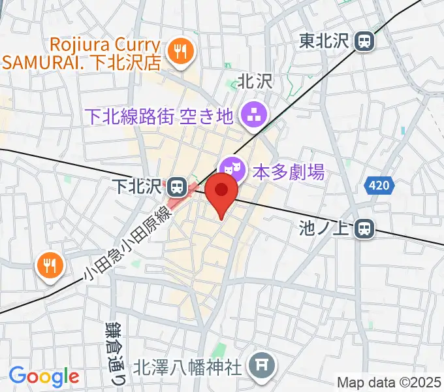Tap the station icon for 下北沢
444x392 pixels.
click(x=176, y=188)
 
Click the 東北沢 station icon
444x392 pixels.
click(x=364, y=41)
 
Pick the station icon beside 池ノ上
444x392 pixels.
click(x=364, y=228)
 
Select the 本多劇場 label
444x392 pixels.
click(x=288, y=172)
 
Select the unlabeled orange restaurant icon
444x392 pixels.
click(x=48, y=265)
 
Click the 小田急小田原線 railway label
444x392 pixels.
click(x=127, y=244)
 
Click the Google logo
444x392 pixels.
click(x=44, y=377)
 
